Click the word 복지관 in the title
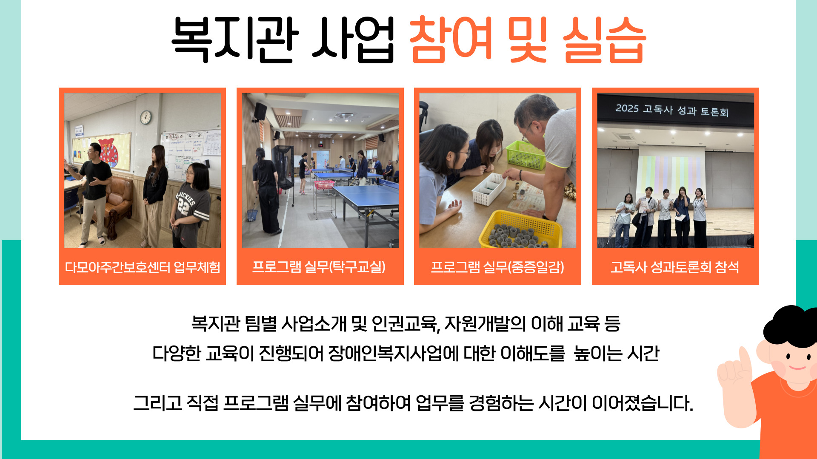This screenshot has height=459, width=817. [x=235, y=40]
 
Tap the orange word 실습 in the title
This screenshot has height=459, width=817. [x=604, y=40]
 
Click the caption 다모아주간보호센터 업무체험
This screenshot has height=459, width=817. [x=143, y=267]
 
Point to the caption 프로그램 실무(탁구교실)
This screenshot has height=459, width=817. [x=319, y=267]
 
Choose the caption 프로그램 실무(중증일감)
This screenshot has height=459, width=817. [x=497, y=267]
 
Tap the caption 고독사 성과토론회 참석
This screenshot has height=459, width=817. [x=675, y=267]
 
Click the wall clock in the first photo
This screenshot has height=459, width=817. [x=146, y=117]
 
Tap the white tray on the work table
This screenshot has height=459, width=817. [x=490, y=189]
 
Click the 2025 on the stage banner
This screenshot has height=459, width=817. [x=627, y=108]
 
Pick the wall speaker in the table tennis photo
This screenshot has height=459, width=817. [x=260, y=111]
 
